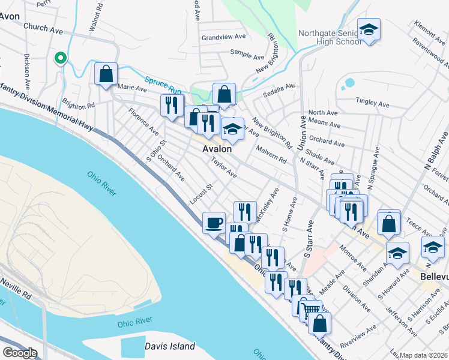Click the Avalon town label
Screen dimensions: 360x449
pos(217,148)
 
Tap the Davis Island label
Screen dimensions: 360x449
pos(170,346)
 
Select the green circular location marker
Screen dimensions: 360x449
pos(60,58)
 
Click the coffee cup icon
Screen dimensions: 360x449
pos(214,223)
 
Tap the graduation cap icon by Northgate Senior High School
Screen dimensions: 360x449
pos(368,29)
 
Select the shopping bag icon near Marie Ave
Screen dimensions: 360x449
pos(106,74)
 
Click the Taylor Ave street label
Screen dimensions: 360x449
pos(223,167)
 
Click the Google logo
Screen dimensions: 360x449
pos(19,353)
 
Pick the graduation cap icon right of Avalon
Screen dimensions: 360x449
pos(232,128)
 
